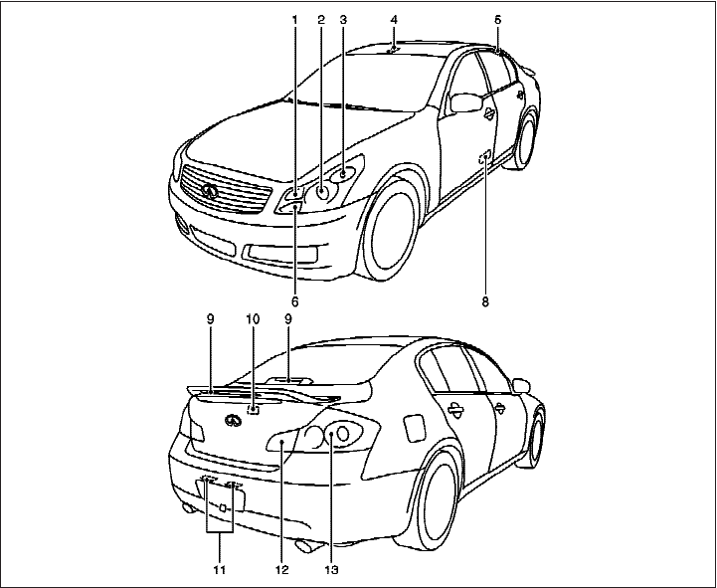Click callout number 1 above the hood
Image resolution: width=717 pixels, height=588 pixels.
tap(294, 19)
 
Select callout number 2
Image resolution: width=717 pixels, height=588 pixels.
tap(321, 19)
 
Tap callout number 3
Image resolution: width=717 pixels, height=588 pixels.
tap(342, 19)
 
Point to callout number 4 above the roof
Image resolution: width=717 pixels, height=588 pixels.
tap(394, 19)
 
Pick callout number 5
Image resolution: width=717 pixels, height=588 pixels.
tap(497, 19)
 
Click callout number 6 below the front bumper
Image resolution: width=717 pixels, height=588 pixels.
tap(294, 299)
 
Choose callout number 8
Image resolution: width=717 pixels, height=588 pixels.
tap(485, 299)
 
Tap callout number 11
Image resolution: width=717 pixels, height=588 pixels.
tap(219, 570)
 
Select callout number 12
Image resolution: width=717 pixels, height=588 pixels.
tap(281, 570)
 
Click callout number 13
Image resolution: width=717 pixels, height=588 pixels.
tap(331, 570)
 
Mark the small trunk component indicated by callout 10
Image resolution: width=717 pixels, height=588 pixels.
tap(253, 407)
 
